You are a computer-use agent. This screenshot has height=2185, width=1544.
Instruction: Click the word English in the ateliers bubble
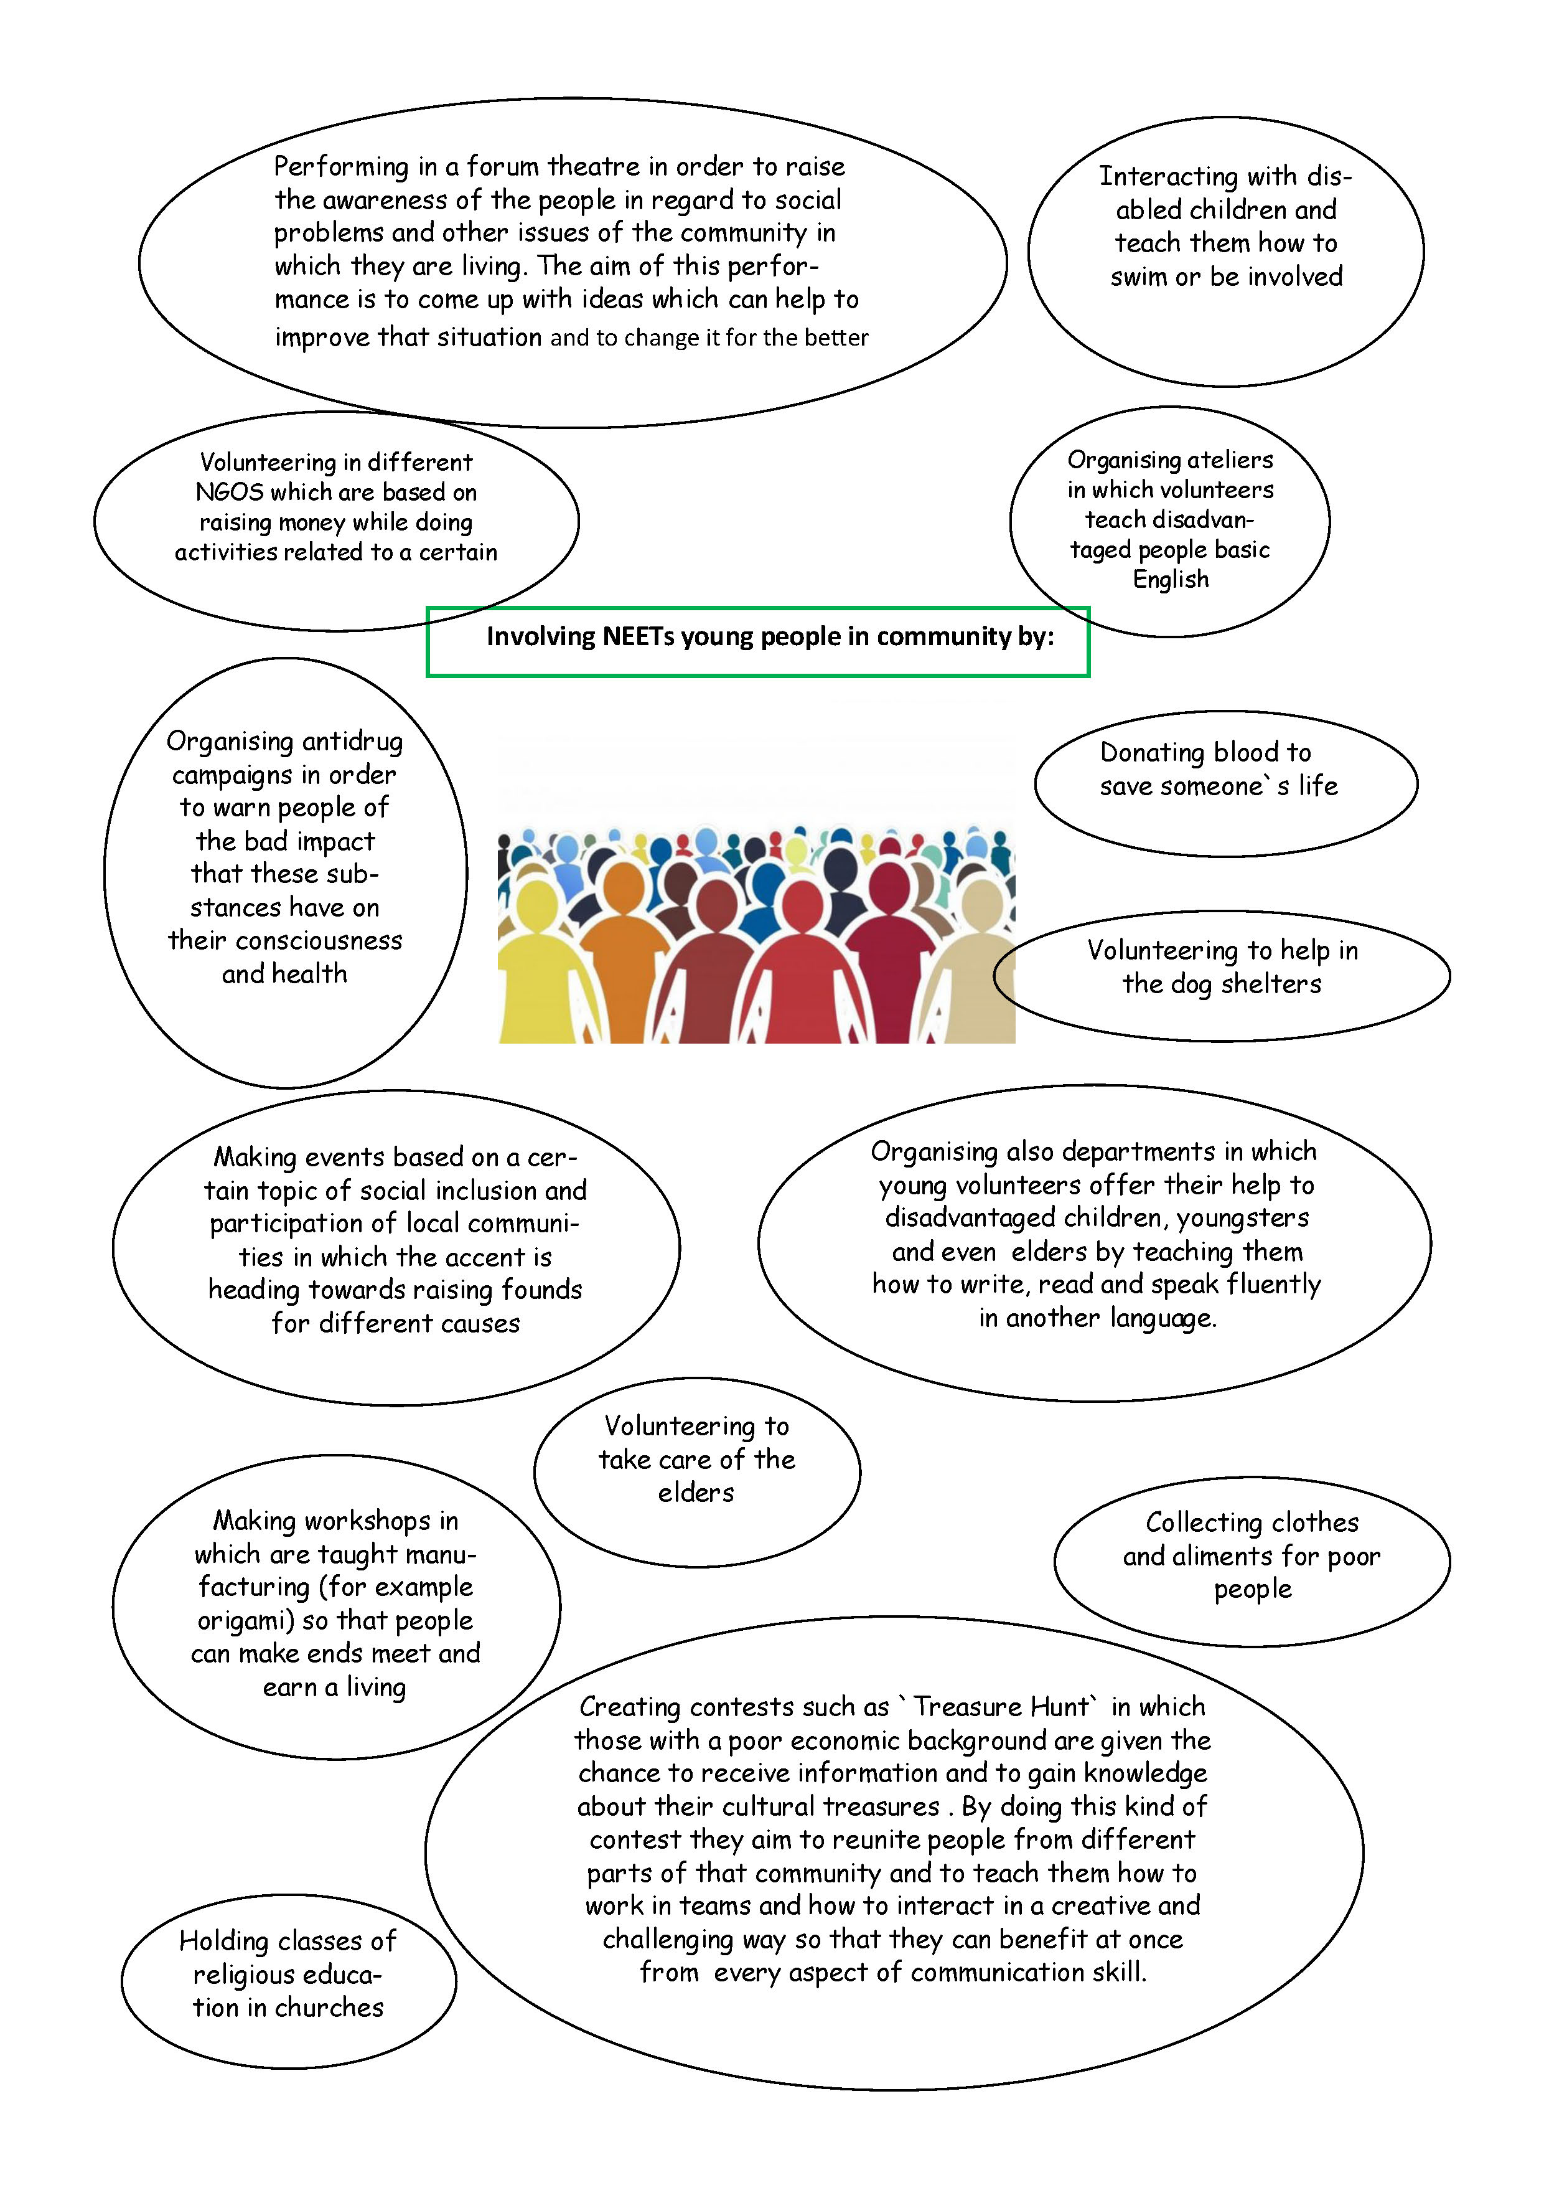tap(1170, 580)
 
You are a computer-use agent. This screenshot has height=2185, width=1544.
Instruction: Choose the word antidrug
tap(352, 742)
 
